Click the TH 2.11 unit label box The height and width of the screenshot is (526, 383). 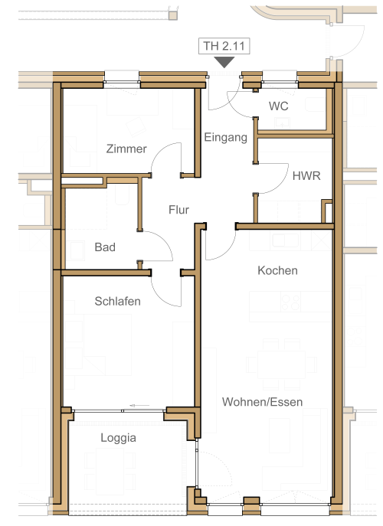click(224, 46)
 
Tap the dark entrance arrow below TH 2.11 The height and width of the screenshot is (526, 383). click(224, 62)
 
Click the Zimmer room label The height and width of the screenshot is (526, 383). click(126, 149)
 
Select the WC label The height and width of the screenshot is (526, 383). click(278, 106)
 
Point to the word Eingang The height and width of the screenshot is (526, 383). click(225, 137)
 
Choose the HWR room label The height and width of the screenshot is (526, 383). click(306, 176)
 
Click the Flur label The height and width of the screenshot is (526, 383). click(178, 210)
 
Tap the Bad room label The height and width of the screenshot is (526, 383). click(105, 247)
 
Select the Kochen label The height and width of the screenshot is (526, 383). click(277, 270)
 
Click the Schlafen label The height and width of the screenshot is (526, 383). click(117, 301)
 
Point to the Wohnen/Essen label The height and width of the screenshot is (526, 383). click(262, 402)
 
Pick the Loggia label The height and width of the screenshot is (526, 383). click(118, 438)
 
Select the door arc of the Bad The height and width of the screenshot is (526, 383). click(165, 240)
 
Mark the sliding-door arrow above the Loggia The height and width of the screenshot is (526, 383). click(139, 406)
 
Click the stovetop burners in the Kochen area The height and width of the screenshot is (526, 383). click(290, 302)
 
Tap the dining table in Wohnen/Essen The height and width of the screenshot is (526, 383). click(281, 364)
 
